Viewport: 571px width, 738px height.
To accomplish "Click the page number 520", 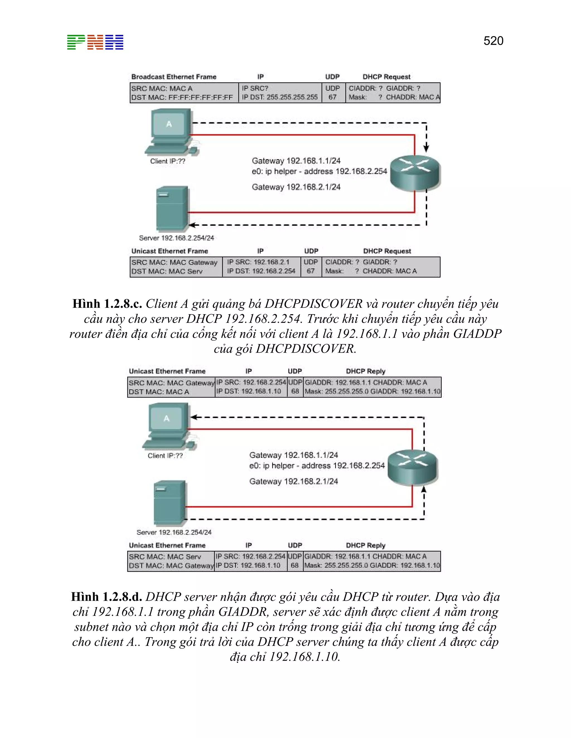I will (x=493, y=41).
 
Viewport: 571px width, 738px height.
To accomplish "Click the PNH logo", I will (x=95, y=42).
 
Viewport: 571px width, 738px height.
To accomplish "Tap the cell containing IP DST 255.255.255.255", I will (x=280, y=97).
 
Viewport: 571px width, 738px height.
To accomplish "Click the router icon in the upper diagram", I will (x=415, y=173).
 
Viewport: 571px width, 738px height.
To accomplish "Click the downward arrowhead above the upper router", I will (x=426, y=148).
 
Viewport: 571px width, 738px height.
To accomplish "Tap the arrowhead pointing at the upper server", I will (x=192, y=225).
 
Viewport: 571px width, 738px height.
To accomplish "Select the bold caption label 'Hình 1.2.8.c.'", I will (x=107, y=304).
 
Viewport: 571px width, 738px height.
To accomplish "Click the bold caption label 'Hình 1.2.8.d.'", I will (x=106, y=597).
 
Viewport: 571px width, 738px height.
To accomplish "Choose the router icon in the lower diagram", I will (x=412, y=467).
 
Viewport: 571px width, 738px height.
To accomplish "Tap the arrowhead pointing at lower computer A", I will (x=194, y=417).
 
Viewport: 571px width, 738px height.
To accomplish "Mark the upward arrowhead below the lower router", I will (x=424, y=490).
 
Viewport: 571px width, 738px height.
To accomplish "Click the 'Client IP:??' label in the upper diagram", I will (x=168, y=161).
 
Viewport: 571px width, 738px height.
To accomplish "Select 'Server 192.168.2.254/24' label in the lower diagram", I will (x=174, y=532).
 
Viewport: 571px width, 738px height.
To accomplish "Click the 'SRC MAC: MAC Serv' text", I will (x=165, y=556).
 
